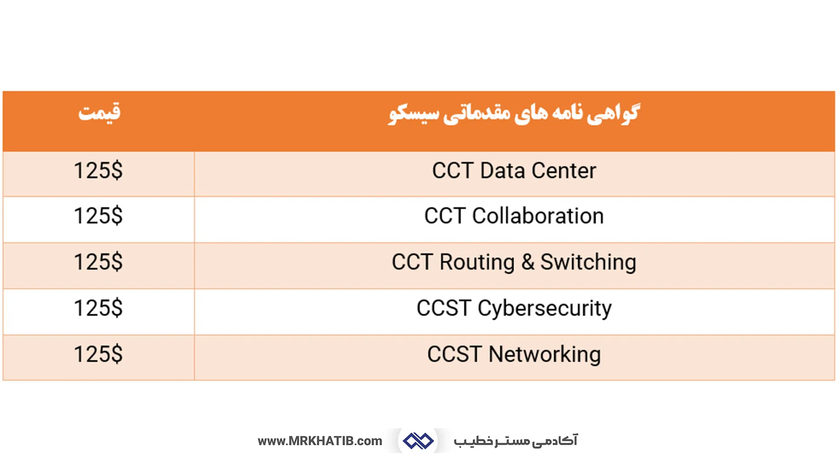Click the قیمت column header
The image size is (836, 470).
coord(99,113)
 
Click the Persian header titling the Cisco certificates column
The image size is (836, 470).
coord(514,114)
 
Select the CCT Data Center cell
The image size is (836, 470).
coord(514,171)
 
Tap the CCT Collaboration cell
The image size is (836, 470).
coord(514,216)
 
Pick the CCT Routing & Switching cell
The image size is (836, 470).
coord(514,262)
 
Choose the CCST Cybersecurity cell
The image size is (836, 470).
coord(514,309)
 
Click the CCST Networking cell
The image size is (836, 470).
coord(514,354)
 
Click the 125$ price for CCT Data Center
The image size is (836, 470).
coord(98,171)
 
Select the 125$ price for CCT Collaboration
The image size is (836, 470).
coord(98,216)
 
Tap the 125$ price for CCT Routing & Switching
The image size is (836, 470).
coord(98,262)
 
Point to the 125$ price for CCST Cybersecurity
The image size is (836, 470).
coord(98,309)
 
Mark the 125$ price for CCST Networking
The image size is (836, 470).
coord(98,354)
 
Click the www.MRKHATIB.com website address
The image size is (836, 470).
coord(320,441)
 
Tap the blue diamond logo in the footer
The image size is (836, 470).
coord(418,441)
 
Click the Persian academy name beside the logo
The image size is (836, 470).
coord(516,441)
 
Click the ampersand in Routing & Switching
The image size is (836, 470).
coord(528,262)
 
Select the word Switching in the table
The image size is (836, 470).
coord(588,262)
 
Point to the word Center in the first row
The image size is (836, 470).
coord(564,171)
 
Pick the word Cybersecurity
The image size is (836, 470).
coord(545,309)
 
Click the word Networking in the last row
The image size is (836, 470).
coord(545,354)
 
